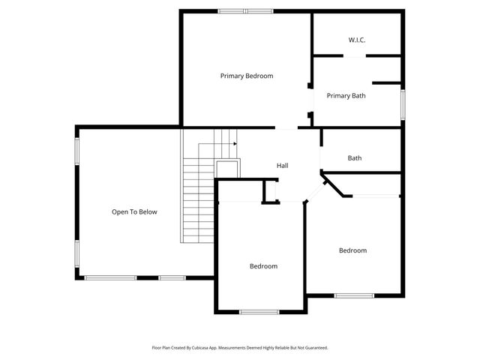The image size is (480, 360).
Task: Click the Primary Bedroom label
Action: pos(246,76)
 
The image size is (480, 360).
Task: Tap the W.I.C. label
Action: pos(356,40)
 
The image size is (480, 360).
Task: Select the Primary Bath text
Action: pos(346,95)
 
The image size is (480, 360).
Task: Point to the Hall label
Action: pos(282,166)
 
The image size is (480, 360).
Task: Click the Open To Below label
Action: pos(134,211)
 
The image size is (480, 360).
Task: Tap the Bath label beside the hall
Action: pos(355,158)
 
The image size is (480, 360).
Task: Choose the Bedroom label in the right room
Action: pos(352,250)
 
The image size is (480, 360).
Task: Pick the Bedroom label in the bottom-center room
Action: pos(263,266)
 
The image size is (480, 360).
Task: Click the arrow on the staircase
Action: pos(234,143)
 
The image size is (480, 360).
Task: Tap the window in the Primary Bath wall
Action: pos(403,103)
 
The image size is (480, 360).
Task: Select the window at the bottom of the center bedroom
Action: pos(259,311)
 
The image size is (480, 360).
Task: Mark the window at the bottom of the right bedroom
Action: pos(354,295)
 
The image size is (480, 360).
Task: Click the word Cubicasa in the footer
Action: pos(198,348)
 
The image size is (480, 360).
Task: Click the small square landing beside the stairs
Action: pos(227,168)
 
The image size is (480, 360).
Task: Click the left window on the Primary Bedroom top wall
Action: pos(230,10)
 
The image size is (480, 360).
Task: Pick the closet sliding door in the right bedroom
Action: pos(376,196)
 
